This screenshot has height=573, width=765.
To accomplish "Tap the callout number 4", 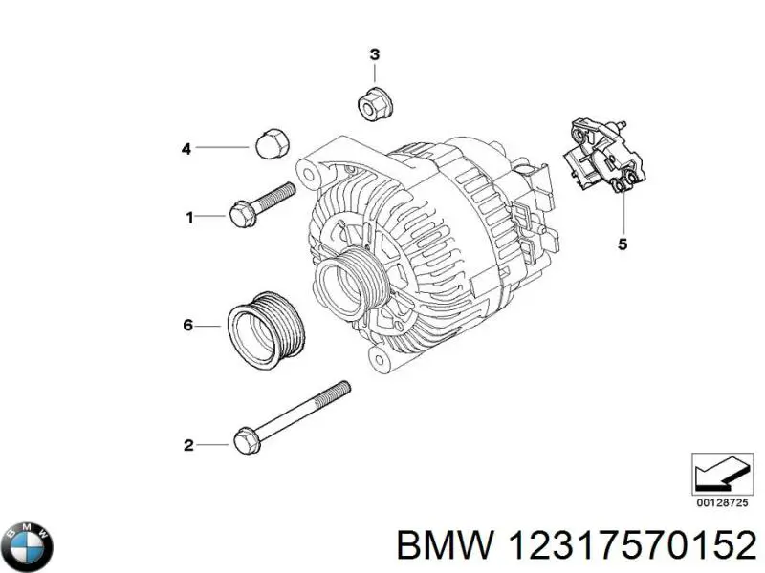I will pyautogui.click(x=187, y=148).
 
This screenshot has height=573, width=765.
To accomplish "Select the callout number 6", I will pyautogui.click(x=187, y=327).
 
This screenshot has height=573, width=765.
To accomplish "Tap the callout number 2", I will pyautogui.click(x=188, y=444).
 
